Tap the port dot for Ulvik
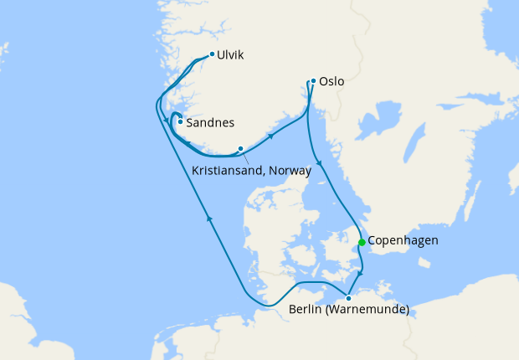click(x=212, y=54)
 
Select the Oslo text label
click(x=331, y=83)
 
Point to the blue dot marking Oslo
click(x=313, y=81)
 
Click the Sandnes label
click(x=209, y=122)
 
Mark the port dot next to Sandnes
click(x=180, y=121)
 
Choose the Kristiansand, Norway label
click(x=251, y=170)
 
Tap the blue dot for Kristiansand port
click(x=240, y=149)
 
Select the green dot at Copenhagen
click(x=361, y=242)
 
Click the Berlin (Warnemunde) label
click(x=348, y=311)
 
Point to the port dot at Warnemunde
click(x=348, y=297)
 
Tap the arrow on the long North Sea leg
click(x=208, y=219)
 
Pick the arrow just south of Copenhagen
click(x=360, y=273)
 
